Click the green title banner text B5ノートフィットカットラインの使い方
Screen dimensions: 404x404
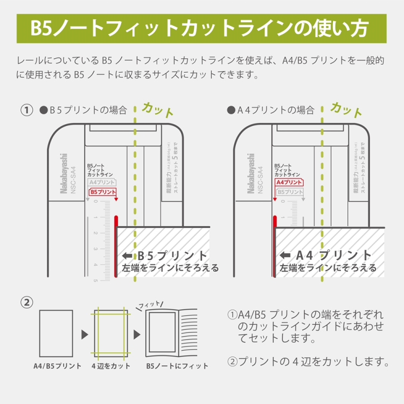201,27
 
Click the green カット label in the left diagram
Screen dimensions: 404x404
158,109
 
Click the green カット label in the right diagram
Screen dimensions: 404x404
346,109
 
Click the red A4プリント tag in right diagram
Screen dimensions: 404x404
289,183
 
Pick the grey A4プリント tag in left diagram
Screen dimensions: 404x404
102,183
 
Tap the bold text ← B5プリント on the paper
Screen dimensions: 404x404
166,255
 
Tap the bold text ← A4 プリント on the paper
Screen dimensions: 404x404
326,255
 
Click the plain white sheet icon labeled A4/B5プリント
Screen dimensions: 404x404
57,333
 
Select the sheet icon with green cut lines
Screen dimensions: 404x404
110,333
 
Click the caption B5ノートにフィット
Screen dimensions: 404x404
177,366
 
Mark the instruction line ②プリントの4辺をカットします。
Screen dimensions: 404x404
308,360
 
